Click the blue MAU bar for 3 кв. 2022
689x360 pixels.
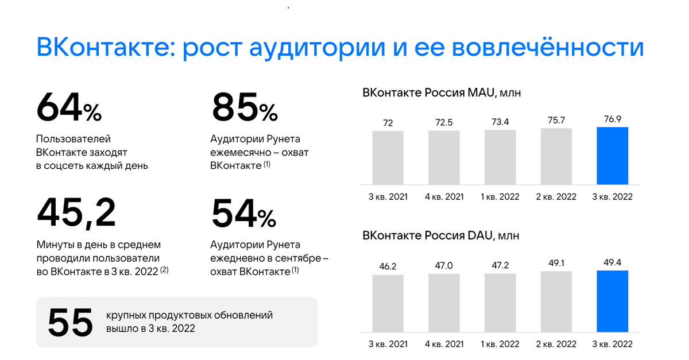click(612, 156)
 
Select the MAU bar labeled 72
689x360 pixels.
click(388, 157)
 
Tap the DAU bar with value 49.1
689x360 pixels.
click(556, 301)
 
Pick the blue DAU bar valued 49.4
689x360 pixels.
click(612, 301)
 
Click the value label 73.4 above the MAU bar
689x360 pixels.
click(500, 122)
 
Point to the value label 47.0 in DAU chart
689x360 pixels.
click(444, 266)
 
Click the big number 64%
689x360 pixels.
click(69, 107)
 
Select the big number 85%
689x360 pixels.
click(245, 107)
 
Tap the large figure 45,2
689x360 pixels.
click(76, 212)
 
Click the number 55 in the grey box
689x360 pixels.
click(70, 322)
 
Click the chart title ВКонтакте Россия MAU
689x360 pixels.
click(441, 92)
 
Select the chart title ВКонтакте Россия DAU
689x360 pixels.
click(441, 235)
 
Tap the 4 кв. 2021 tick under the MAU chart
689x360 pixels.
click(444, 196)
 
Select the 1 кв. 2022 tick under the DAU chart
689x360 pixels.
click(500, 344)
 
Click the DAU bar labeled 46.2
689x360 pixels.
click(388, 303)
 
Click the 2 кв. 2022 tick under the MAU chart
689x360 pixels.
click(556, 196)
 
